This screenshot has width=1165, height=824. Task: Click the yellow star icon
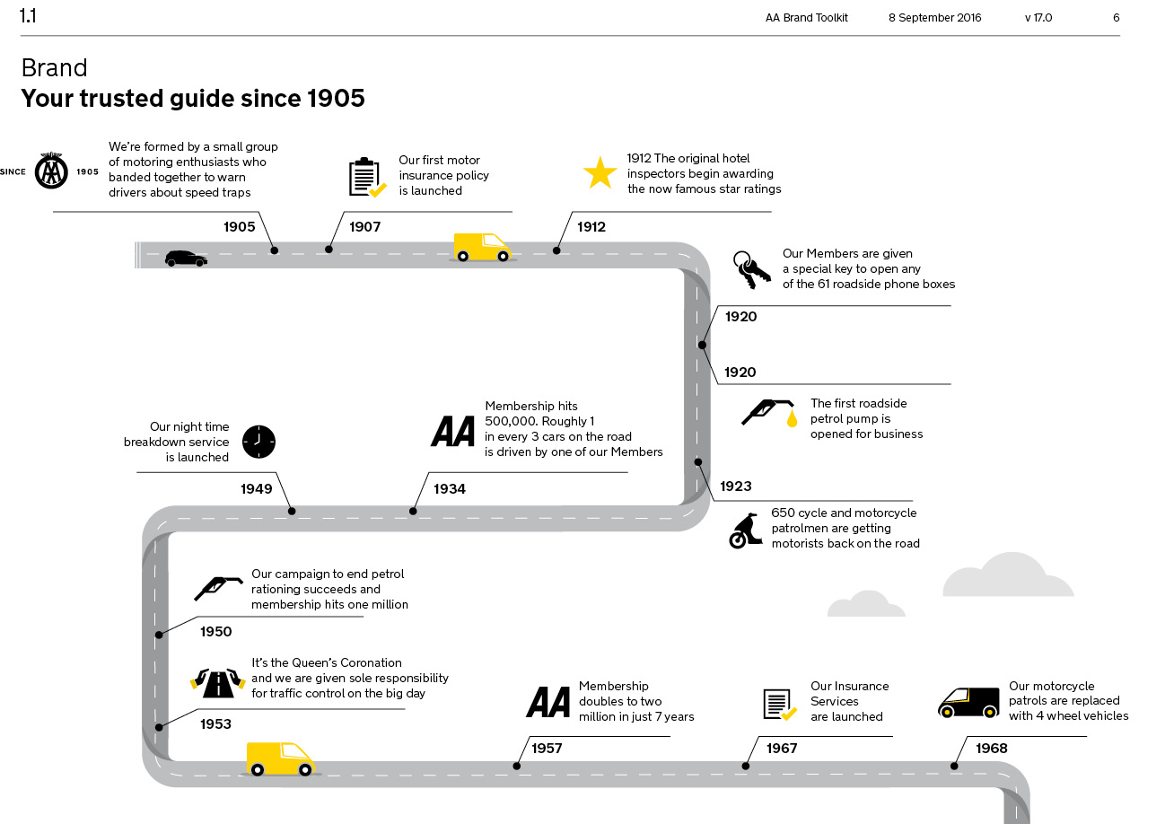600,172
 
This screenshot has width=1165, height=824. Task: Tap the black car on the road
186,259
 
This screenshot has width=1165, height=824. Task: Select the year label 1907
364,227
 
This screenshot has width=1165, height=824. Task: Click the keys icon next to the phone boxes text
751,269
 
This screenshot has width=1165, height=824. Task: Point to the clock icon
259,442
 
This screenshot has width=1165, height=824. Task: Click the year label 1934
450,489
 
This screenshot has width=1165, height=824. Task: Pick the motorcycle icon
745,531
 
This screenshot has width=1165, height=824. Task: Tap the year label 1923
735,487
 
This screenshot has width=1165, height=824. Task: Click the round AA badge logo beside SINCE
51,171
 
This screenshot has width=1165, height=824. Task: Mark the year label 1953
215,724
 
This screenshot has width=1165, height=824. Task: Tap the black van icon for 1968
968,703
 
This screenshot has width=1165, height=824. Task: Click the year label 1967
782,749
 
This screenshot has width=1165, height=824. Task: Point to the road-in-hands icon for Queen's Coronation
218,683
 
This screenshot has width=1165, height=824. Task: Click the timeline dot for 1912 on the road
556,250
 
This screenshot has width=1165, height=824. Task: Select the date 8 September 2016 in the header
934,18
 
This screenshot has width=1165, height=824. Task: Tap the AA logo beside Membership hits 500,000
453,431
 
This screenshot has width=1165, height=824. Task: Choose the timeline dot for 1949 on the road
292,512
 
